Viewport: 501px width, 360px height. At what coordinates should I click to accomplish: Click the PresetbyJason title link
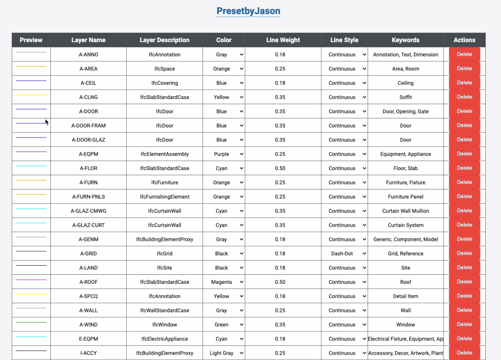[248, 11]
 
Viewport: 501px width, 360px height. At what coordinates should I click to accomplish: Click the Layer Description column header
[164, 40]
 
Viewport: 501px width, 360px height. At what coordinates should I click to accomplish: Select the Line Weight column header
[283, 40]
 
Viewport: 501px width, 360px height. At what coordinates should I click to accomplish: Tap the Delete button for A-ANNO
[464, 54]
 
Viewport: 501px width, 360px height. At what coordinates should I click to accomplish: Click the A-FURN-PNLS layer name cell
[89, 197]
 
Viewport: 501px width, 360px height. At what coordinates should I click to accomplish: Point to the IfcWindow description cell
[164, 325]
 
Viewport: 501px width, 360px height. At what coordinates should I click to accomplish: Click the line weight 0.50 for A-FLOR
[280, 168]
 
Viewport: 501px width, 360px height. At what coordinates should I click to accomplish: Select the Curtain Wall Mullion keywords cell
[406, 211]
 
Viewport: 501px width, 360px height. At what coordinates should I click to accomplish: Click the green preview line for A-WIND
[31, 322]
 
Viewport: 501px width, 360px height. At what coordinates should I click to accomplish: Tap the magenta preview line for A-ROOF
[31, 280]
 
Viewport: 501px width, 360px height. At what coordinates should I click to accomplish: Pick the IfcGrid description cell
[164, 254]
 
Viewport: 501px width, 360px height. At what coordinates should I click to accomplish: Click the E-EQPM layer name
[89, 339]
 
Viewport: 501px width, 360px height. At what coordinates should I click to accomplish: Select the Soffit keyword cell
[406, 97]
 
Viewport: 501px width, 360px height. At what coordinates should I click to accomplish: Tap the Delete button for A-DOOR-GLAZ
[464, 140]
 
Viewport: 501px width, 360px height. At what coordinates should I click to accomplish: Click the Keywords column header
[406, 40]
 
